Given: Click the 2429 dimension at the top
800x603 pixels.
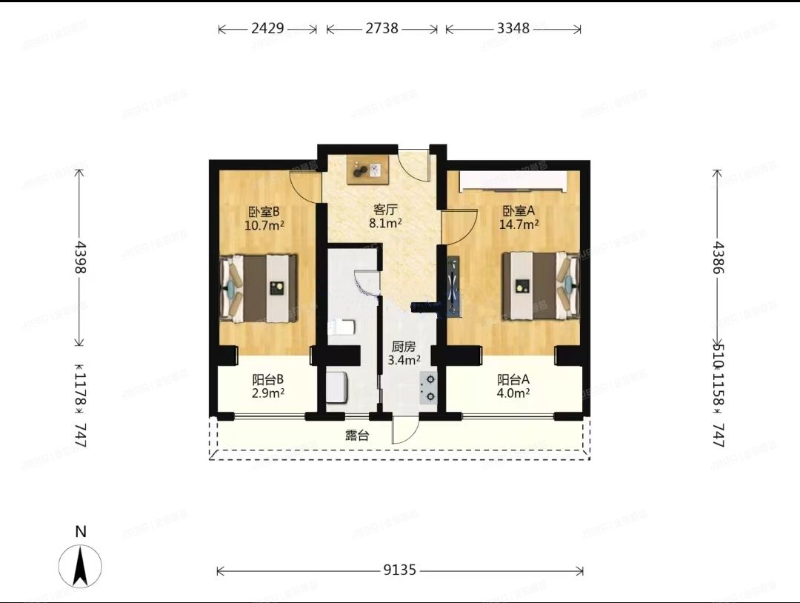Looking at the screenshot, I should (x=267, y=29).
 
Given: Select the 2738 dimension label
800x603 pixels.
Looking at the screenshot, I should (x=381, y=29).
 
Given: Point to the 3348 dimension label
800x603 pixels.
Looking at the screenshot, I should (x=513, y=29).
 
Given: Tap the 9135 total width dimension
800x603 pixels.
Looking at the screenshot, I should (x=400, y=570).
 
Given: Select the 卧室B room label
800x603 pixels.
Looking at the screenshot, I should (x=263, y=210).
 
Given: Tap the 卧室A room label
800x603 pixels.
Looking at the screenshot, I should (x=519, y=210).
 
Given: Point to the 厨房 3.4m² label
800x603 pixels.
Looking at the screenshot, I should (x=404, y=353).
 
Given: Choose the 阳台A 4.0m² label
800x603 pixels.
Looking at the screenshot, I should (x=513, y=386).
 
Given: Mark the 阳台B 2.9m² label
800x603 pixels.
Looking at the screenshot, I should (x=264, y=386).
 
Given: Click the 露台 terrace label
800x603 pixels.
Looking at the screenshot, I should (x=357, y=436).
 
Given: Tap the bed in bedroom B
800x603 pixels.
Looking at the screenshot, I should (x=259, y=288).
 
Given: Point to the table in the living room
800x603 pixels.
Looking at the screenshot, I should (x=368, y=170).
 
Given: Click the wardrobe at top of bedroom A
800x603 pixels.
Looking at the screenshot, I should (x=513, y=181).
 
